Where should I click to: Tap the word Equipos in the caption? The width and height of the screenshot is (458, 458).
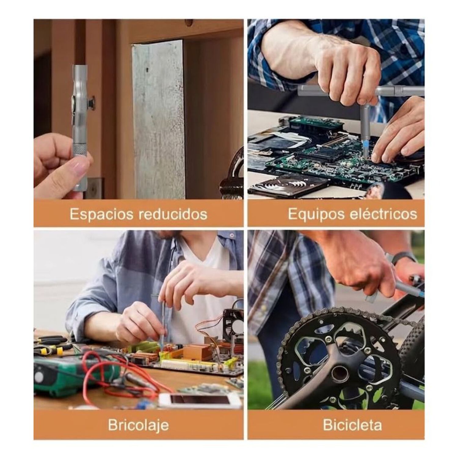[316, 214]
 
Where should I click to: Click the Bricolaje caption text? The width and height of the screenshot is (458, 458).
[138, 425]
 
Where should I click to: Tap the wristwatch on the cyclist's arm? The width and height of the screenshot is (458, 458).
[403, 259]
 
